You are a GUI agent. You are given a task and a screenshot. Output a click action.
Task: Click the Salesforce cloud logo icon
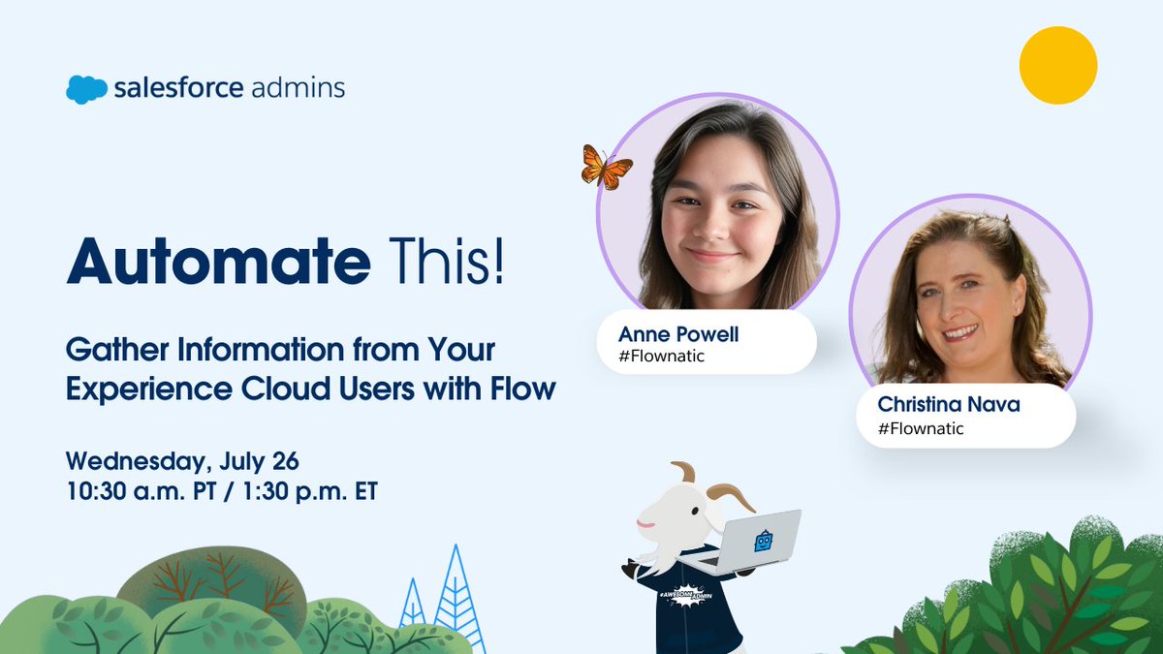[86, 89]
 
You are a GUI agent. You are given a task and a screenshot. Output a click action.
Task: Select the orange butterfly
[605, 167]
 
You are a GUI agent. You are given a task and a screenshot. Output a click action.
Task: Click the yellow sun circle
[1057, 65]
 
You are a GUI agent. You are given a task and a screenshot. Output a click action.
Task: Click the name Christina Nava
[949, 404]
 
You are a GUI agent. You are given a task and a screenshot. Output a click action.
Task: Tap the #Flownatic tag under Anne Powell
[662, 356]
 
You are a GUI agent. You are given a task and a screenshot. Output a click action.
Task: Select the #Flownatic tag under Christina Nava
[921, 427]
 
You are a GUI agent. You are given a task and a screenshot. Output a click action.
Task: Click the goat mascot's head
[678, 504]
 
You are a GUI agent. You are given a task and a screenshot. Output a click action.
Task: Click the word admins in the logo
[298, 89]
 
